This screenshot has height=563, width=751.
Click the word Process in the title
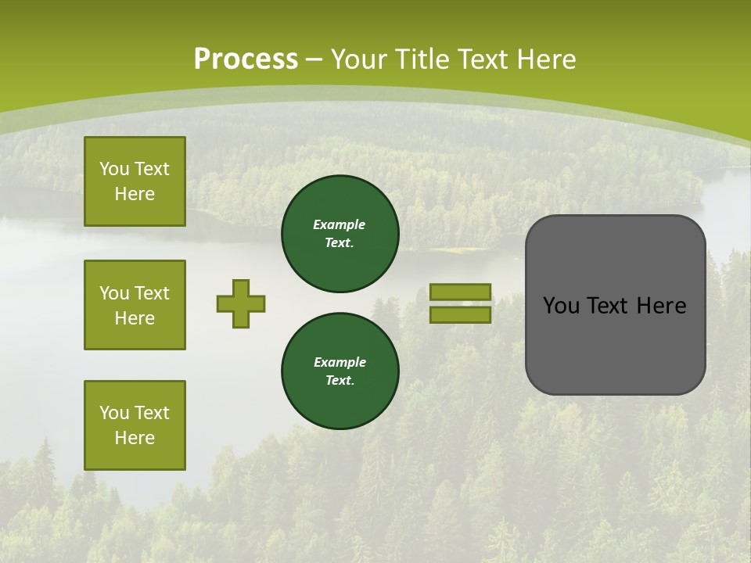coord(246,59)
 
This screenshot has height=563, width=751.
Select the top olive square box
coord(135,181)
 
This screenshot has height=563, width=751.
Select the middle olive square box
coord(135,305)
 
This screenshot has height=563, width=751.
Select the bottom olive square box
coord(135,425)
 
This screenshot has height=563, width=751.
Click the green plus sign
coord(241,303)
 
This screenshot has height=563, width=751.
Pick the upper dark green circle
coord(340,234)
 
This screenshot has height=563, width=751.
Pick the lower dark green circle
coord(340,371)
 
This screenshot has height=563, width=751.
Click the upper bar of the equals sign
coord(460,292)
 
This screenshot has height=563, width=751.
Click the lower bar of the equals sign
coord(460,314)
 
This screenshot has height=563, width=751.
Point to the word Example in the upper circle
coord(340,224)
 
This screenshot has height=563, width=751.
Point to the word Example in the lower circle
coord(340,362)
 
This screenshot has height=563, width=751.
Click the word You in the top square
coord(114,169)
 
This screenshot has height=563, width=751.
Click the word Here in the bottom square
coord(135,438)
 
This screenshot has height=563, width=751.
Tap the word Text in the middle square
coord(152,293)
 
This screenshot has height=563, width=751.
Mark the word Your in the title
coord(356,59)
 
